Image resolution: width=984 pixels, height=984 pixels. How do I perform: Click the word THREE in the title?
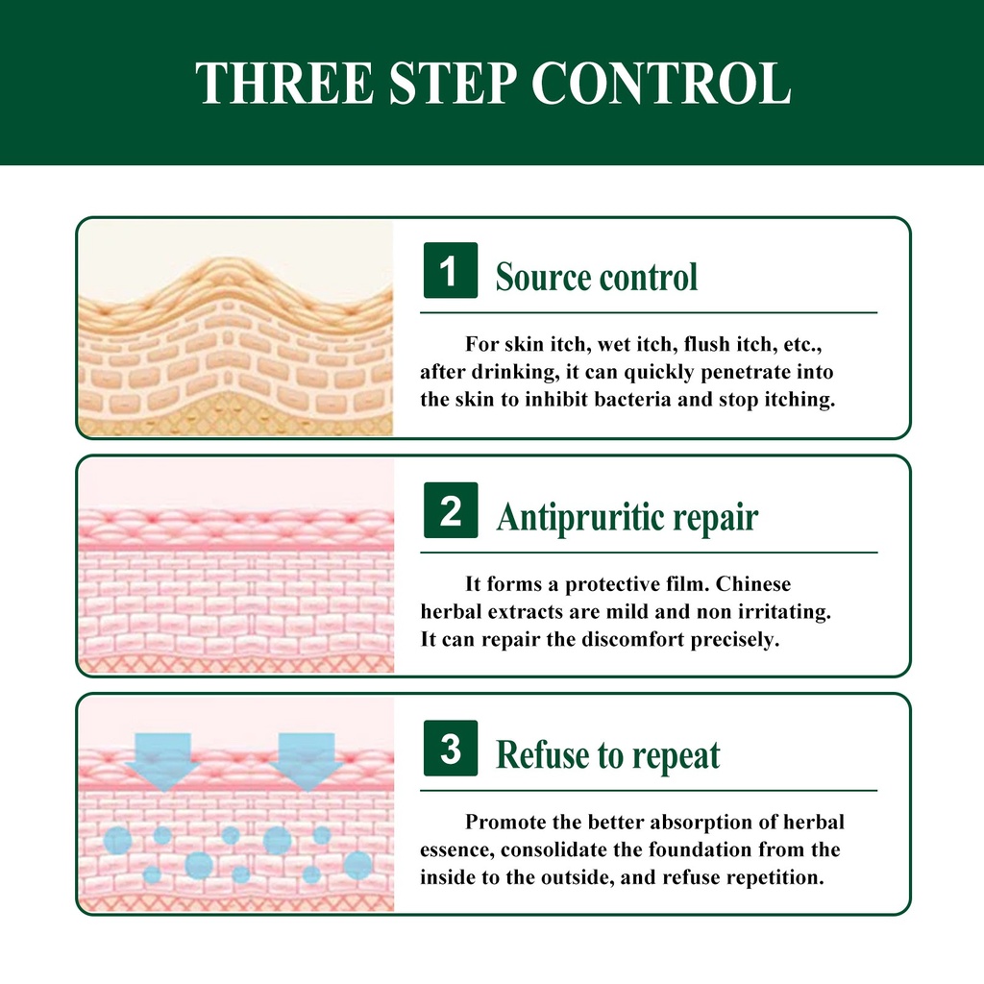coord(284,83)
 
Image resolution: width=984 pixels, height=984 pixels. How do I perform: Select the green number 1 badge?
coord(451,270)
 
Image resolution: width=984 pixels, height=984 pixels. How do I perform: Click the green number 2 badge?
coord(451,510)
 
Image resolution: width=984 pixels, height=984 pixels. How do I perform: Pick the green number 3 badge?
coord(451,748)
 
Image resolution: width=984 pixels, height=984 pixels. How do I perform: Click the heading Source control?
coord(596,276)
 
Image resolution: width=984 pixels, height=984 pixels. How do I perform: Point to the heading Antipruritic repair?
coord(627,518)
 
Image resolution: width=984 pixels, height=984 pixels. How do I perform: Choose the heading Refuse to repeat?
coord(607,755)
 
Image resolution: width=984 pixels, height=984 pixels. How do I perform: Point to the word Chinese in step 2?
coord(753,583)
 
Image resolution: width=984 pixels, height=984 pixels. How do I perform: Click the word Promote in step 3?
coord(505,822)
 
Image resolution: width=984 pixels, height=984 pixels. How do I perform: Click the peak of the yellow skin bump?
coord(234,259)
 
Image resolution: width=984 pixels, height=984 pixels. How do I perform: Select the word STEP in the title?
coord(453,83)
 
